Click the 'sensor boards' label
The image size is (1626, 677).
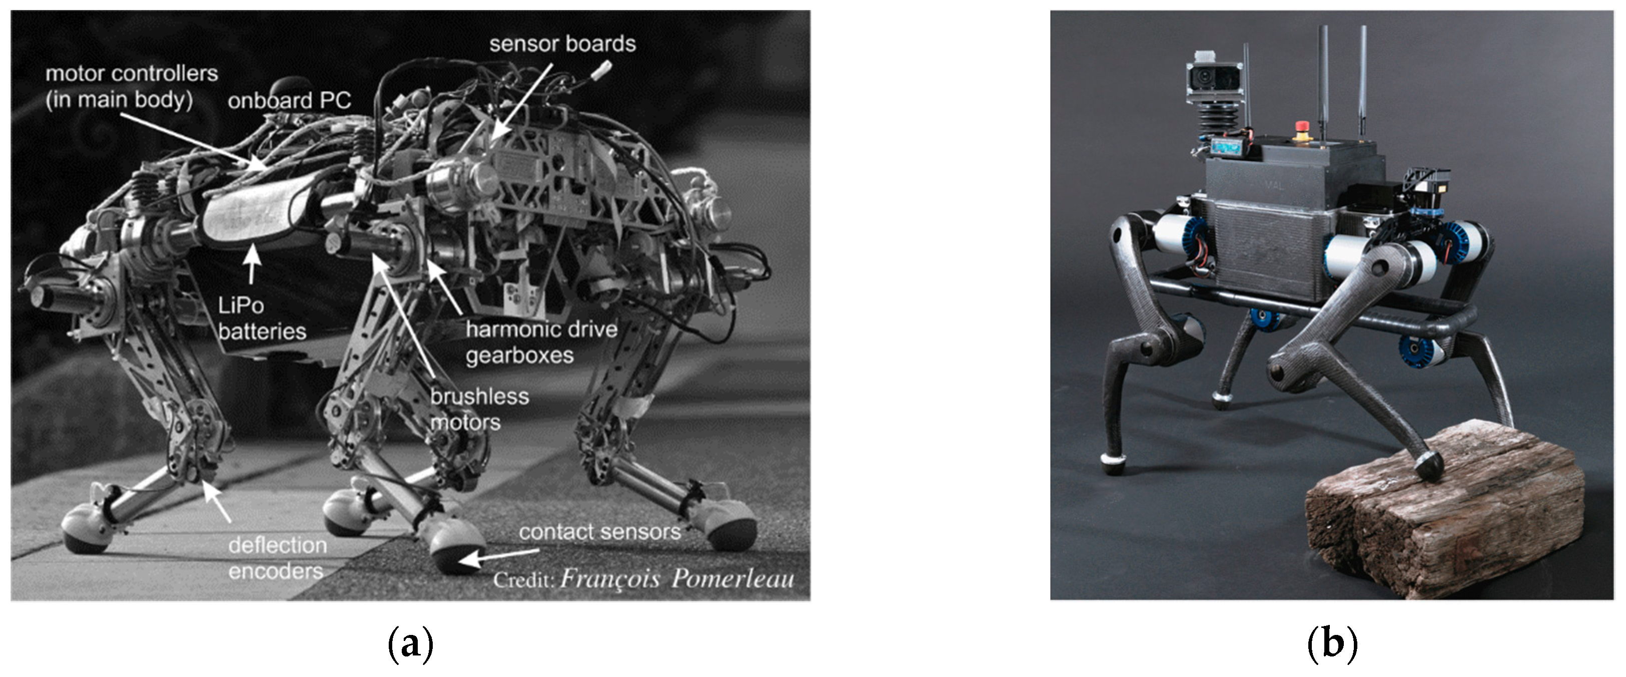point(562,44)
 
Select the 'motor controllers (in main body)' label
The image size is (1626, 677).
point(131,86)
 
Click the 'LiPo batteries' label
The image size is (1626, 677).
point(261,318)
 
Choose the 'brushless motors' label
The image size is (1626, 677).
point(479,409)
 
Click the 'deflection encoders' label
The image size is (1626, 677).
point(277,558)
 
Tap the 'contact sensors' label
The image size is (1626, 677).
point(600,532)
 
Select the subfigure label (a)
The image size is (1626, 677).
point(411,643)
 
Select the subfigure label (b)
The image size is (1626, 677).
point(1331,643)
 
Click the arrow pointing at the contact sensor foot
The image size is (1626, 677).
point(499,556)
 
